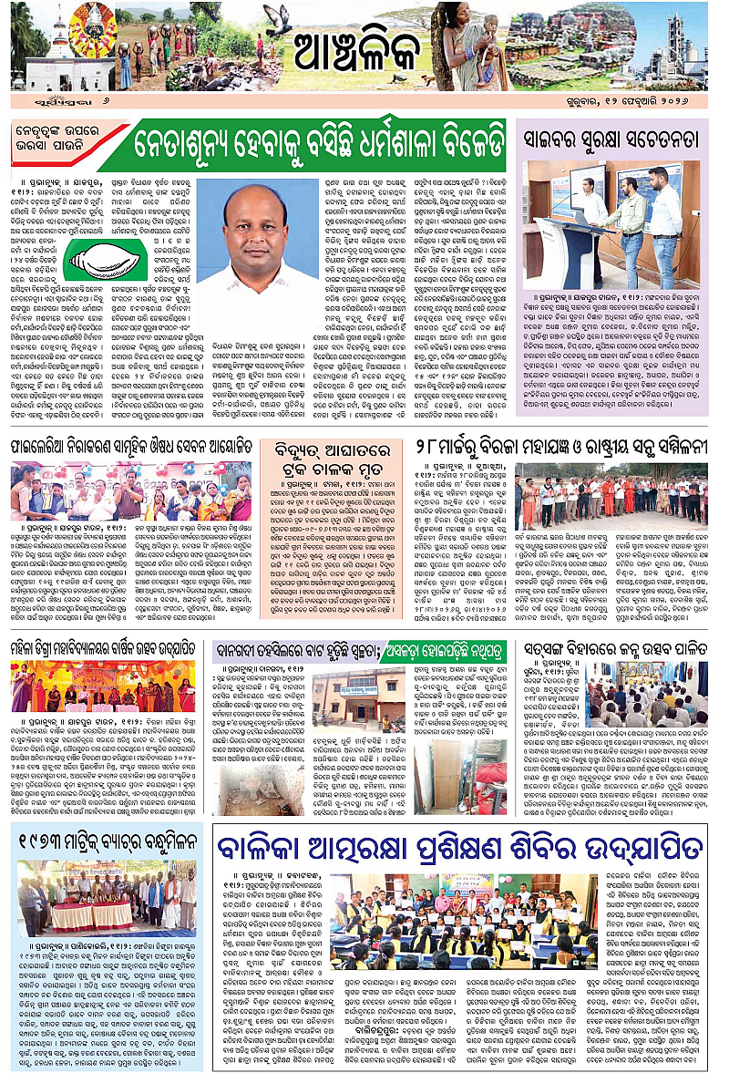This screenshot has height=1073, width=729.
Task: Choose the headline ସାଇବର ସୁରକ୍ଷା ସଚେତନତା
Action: [611, 140]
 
